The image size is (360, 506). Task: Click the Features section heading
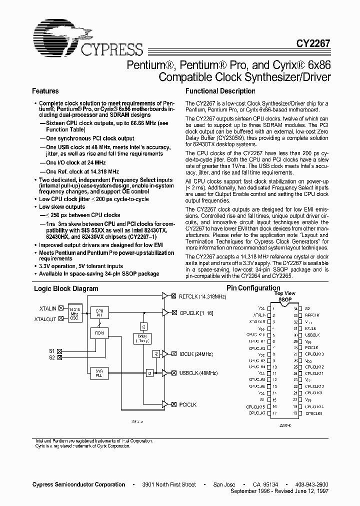(45, 91)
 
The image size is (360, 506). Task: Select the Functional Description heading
(220, 91)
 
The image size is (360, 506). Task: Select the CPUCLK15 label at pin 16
(255, 406)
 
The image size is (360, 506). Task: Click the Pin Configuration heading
(253, 288)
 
